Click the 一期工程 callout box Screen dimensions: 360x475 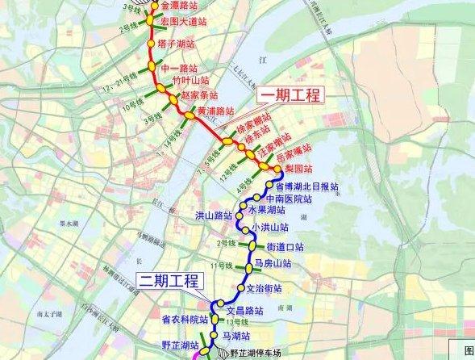[x=290, y=96]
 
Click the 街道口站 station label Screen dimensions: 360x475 [x=285, y=247]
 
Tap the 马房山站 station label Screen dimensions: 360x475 [x=272, y=264]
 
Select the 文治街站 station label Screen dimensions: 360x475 [x=264, y=288]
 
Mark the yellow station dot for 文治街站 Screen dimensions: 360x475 [x=240, y=289]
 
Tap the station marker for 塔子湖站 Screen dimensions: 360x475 [x=151, y=44]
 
